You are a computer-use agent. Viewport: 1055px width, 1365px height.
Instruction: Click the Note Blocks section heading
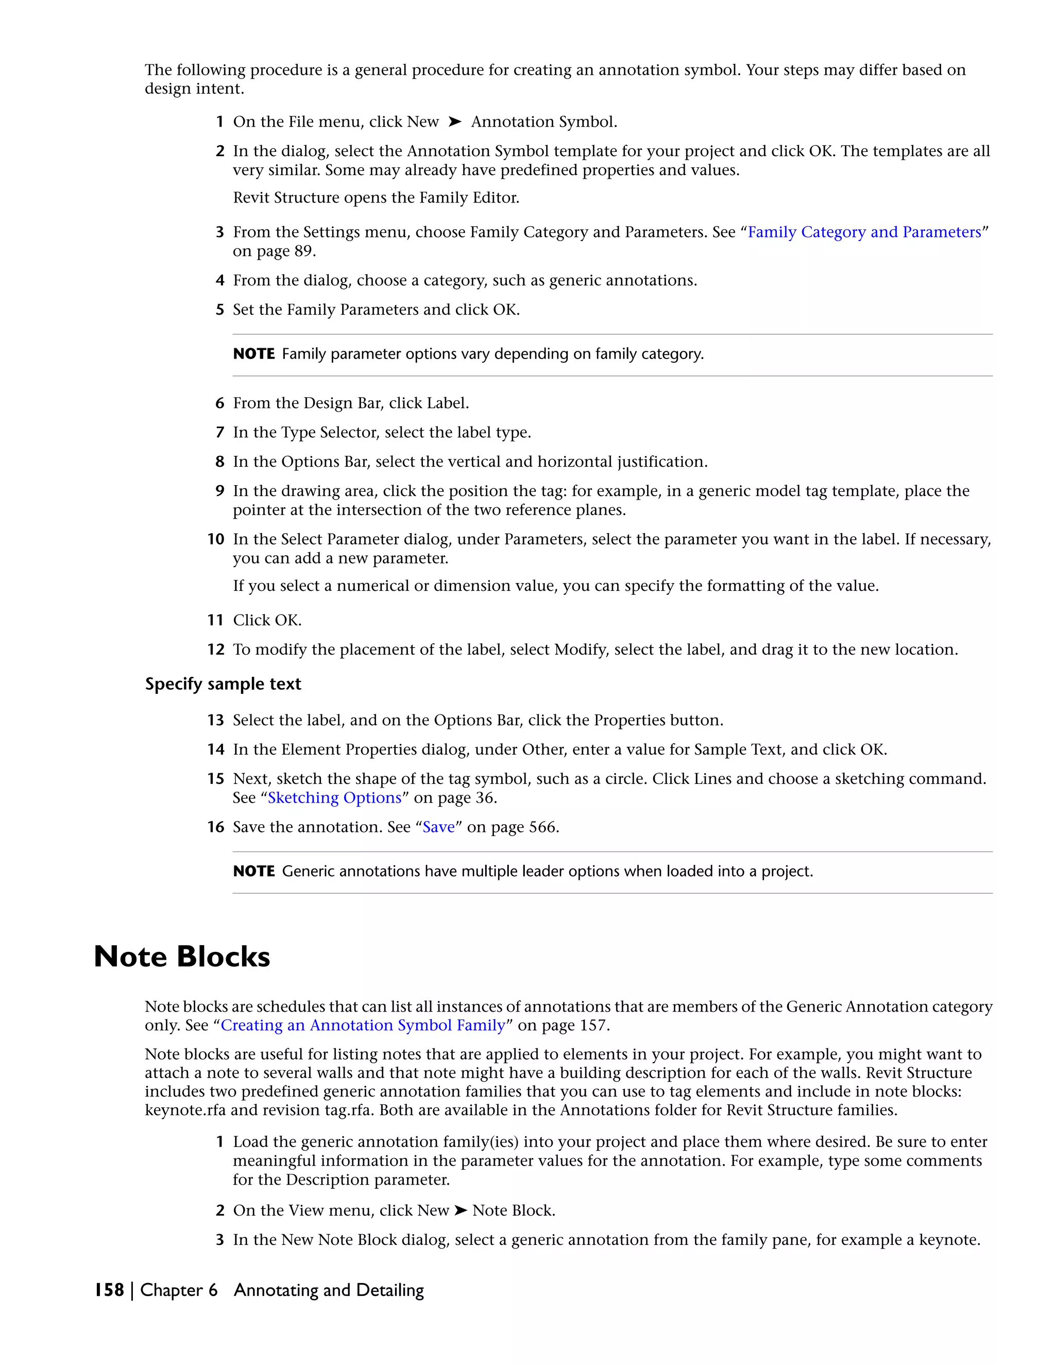182,957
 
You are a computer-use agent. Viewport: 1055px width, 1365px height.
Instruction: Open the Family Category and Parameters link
864,232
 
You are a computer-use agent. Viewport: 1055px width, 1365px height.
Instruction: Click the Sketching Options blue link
334,797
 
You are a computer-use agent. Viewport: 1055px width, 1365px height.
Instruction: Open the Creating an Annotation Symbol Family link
363,1025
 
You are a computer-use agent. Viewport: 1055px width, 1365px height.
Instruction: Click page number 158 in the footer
109,1290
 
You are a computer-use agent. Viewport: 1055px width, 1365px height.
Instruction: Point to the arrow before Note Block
461,1210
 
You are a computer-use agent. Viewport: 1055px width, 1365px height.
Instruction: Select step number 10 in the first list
216,539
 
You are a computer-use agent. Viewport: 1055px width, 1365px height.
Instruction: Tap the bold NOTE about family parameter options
254,354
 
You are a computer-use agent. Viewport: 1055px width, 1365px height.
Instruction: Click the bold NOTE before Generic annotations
254,871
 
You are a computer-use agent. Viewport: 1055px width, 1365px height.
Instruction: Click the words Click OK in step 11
267,620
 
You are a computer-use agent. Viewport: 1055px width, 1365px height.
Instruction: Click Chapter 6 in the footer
179,1290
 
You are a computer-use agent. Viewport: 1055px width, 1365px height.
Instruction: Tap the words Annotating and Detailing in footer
329,1290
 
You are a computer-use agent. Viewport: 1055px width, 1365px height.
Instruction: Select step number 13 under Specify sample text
216,720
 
